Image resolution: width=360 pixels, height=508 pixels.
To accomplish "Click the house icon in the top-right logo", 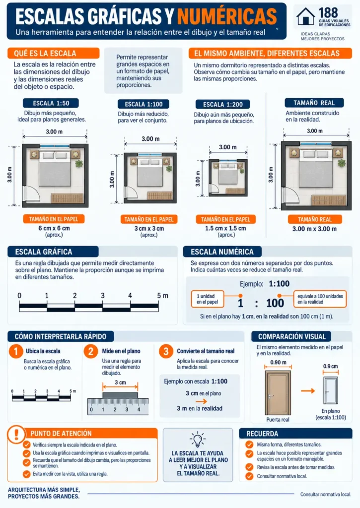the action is [305, 16].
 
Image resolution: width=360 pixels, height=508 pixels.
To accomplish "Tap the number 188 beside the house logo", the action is [328, 13].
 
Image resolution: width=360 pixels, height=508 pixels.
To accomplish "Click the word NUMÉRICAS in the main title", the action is [227, 16].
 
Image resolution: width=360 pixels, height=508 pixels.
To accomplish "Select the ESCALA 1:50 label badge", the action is [51, 103].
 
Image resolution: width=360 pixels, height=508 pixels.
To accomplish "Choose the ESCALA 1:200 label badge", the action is [223, 104].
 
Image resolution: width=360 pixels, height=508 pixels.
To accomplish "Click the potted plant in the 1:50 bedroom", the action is [79, 163].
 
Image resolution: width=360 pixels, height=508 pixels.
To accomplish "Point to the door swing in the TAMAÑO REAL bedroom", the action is [290, 195].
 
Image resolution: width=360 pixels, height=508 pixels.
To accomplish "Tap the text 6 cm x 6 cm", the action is [54, 228].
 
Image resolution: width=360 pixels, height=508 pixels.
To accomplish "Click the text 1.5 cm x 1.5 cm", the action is [225, 228].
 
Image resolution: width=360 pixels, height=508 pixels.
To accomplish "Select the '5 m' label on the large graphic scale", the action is [162, 296].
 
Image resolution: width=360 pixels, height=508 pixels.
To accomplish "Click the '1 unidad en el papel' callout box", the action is [208, 299].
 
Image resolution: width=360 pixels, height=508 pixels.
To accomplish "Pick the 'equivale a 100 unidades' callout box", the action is [320, 299].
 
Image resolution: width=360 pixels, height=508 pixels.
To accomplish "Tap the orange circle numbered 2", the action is [91, 351].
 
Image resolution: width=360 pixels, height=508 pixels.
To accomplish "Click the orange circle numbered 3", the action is [166, 351].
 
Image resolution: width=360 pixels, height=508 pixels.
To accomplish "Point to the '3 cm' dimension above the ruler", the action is [120, 382].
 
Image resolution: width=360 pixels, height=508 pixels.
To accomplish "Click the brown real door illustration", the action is [278, 393].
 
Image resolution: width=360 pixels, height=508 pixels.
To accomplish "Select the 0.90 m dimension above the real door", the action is [278, 362].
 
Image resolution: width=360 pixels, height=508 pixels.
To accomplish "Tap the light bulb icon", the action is [198, 440].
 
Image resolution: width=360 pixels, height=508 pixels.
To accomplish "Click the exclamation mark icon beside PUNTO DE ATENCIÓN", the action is [16, 434].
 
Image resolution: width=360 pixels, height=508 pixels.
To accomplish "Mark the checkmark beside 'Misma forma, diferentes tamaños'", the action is [249, 444].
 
